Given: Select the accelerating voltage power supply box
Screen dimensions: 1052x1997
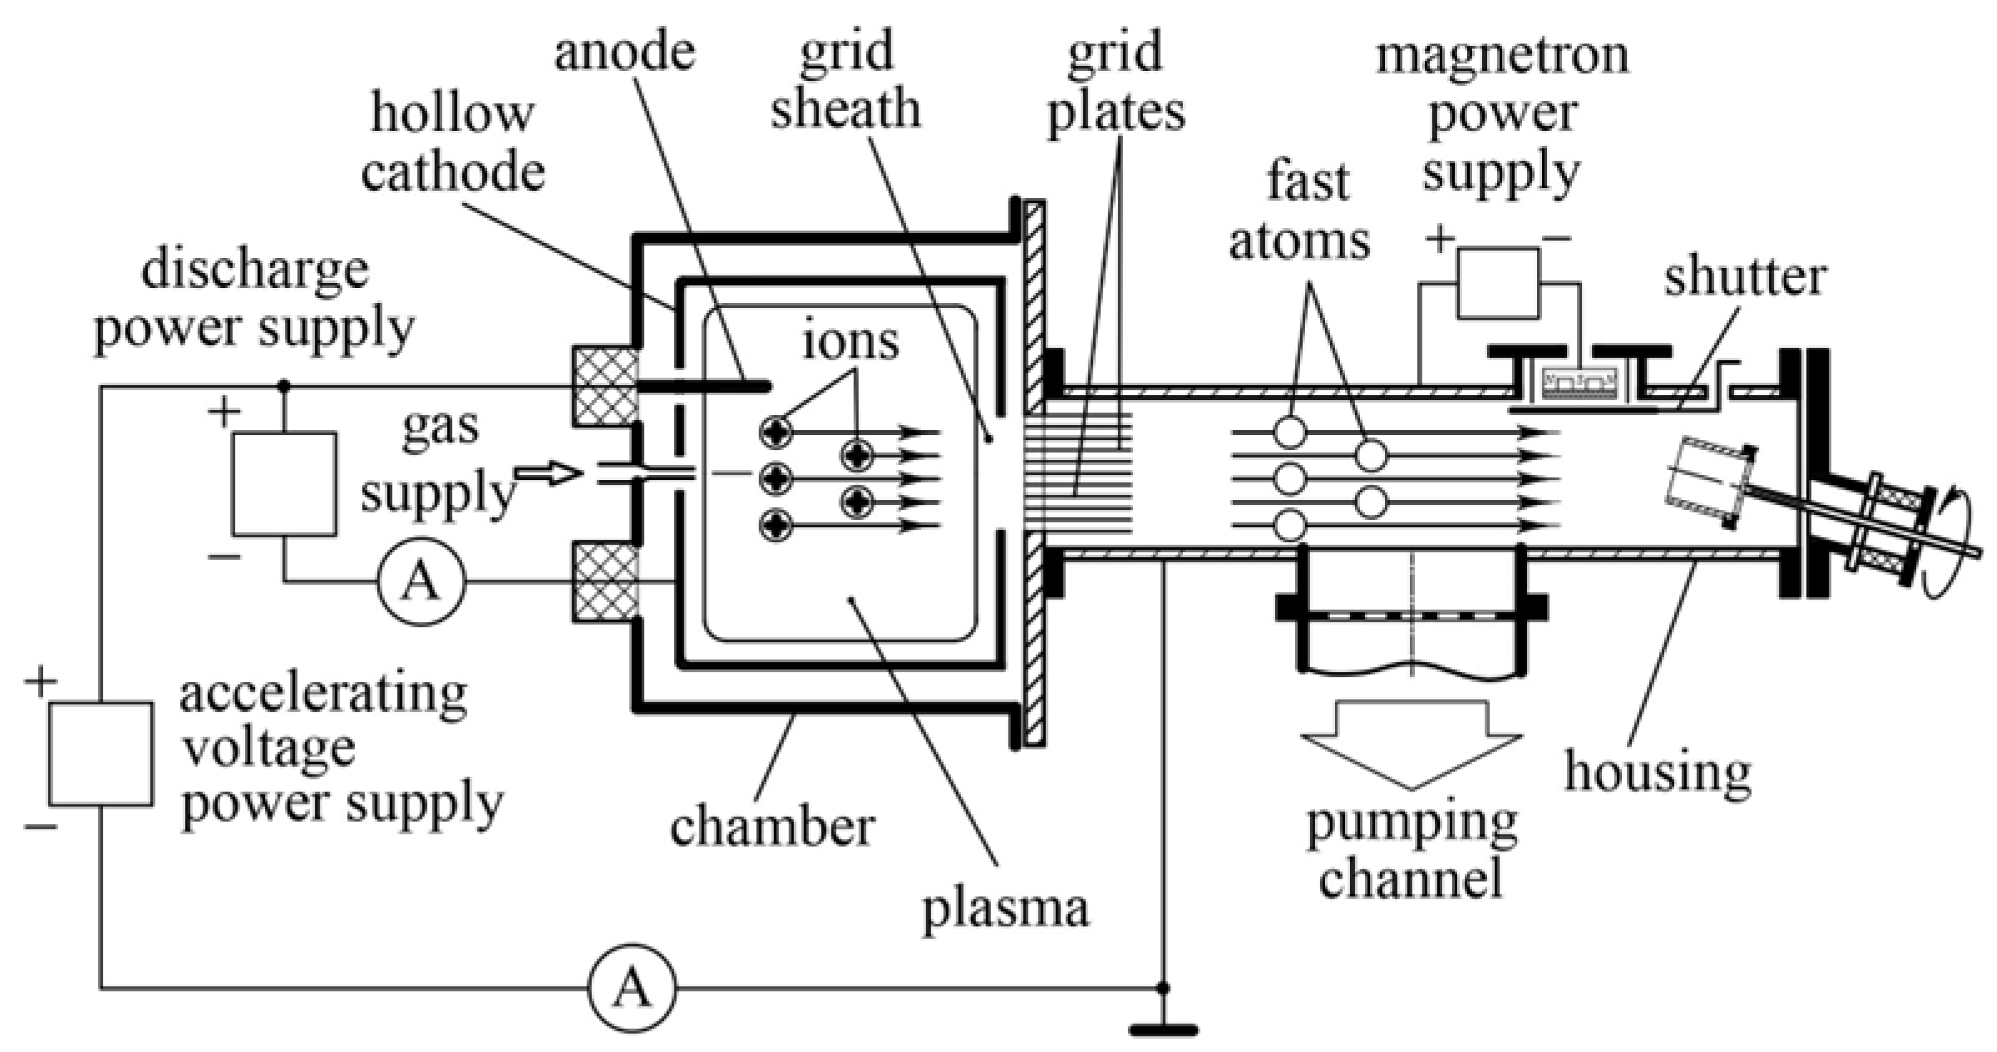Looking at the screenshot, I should [x=101, y=753].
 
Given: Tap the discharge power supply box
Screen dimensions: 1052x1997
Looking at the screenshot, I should [x=284, y=484].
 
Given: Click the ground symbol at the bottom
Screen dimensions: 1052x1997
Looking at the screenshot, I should [x=1163, y=1030].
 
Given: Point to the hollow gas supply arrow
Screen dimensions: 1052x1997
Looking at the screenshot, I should [x=548, y=473].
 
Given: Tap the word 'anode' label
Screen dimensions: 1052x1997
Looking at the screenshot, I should [x=624, y=53].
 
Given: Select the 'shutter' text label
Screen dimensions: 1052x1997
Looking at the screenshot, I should [x=1745, y=277].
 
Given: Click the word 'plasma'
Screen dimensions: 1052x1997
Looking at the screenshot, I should [x=1005, y=909].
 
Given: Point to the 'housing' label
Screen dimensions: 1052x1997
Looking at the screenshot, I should [x=1657, y=772].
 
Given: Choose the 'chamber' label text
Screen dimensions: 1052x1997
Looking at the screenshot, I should [x=772, y=826].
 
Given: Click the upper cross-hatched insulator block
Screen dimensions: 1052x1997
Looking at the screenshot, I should [x=605, y=385].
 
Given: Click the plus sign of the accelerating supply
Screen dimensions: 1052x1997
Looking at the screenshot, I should [x=41, y=682].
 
